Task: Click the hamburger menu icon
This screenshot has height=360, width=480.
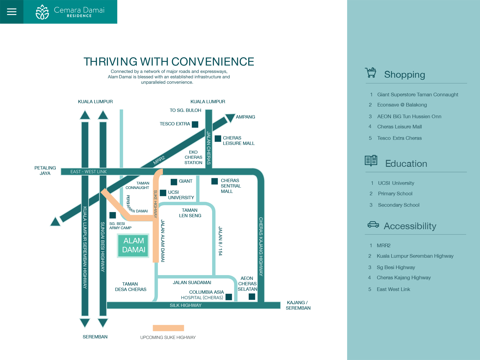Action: click(x=12, y=12)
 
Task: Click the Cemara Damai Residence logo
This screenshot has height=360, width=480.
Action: click(x=70, y=12)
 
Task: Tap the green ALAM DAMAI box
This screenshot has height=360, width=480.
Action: click(x=133, y=245)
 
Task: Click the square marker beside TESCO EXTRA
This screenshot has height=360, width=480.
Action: click(x=195, y=124)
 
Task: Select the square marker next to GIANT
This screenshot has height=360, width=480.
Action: click(x=174, y=182)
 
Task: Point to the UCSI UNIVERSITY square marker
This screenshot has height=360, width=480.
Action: click(x=163, y=193)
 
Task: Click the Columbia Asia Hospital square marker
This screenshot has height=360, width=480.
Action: click(x=229, y=297)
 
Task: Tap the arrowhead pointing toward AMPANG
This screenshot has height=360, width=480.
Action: click(x=230, y=117)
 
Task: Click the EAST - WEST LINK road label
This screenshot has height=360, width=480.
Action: click(x=88, y=172)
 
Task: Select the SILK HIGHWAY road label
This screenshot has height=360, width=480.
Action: click(x=185, y=305)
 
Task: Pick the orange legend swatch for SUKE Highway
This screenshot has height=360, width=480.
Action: click(x=168, y=328)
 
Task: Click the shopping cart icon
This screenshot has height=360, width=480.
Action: click(x=371, y=73)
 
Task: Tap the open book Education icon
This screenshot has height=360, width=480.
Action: click(x=371, y=161)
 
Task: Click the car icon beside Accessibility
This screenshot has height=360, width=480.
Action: click(x=373, y=225)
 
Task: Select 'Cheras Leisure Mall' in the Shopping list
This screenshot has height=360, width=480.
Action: click(x=399, y=127)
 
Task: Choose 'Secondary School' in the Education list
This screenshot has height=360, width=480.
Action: click(x=398, y=205)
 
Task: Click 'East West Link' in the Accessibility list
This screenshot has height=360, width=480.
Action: click(x=393, y=289)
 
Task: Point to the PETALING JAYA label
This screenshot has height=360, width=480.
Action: click(x=45, y=170)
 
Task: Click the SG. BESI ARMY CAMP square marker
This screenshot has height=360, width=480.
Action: click(x=112, y=215)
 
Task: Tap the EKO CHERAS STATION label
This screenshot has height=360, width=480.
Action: click(x=193, y=157)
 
